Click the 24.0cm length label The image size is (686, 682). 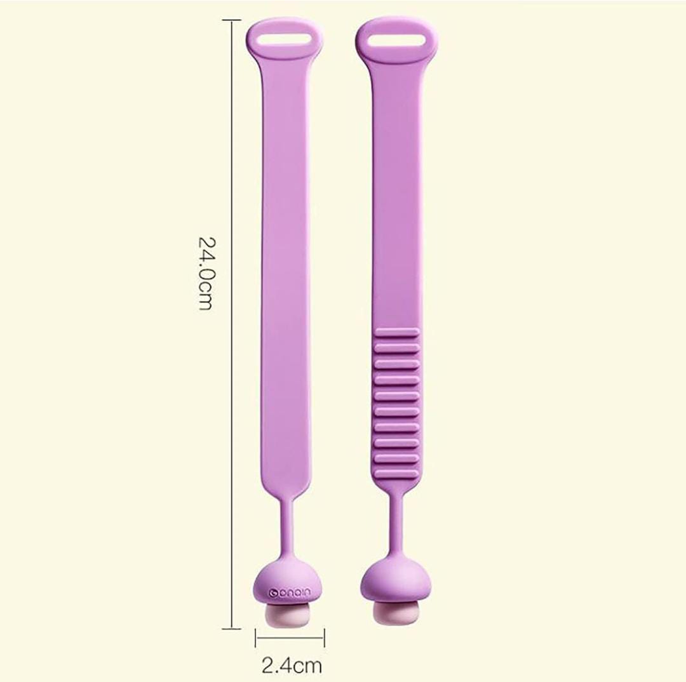pyautogui.click(x=206, y=274)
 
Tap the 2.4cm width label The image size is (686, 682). pyautogui.click(x=292, y=665)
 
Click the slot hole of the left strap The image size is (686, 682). pyautogui.click(x=285, y=39)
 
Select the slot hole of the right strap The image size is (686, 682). pyautogui.click(x=397, y=39)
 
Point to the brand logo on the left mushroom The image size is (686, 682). pyautogui.click(x=289, y=592)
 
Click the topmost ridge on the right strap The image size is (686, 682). pyautogui.click(x=397, y=333)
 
